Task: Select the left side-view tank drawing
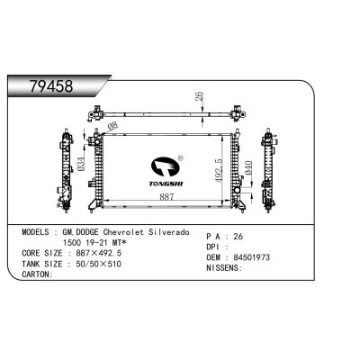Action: pyautogui.click(x=65, y=171)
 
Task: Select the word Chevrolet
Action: pyautogui.click(x=123, y=232)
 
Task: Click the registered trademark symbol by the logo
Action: pyautogui.click(x=180, y=158)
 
